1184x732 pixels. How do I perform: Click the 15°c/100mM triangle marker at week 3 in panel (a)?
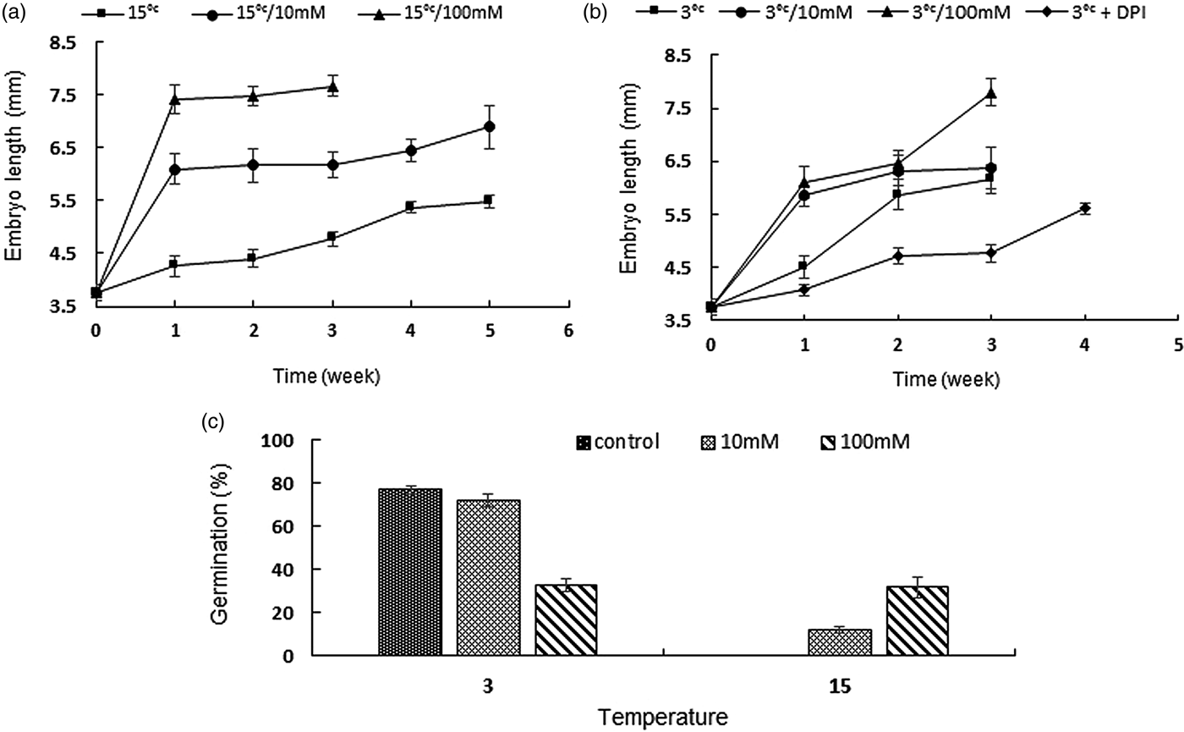point(332,86)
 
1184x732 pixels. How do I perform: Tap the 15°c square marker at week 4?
point(410,206)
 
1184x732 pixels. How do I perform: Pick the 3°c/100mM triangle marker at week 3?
point(990,93)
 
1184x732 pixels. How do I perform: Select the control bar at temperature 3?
point(410,572)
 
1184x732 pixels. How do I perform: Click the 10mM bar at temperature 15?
point(840,641)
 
